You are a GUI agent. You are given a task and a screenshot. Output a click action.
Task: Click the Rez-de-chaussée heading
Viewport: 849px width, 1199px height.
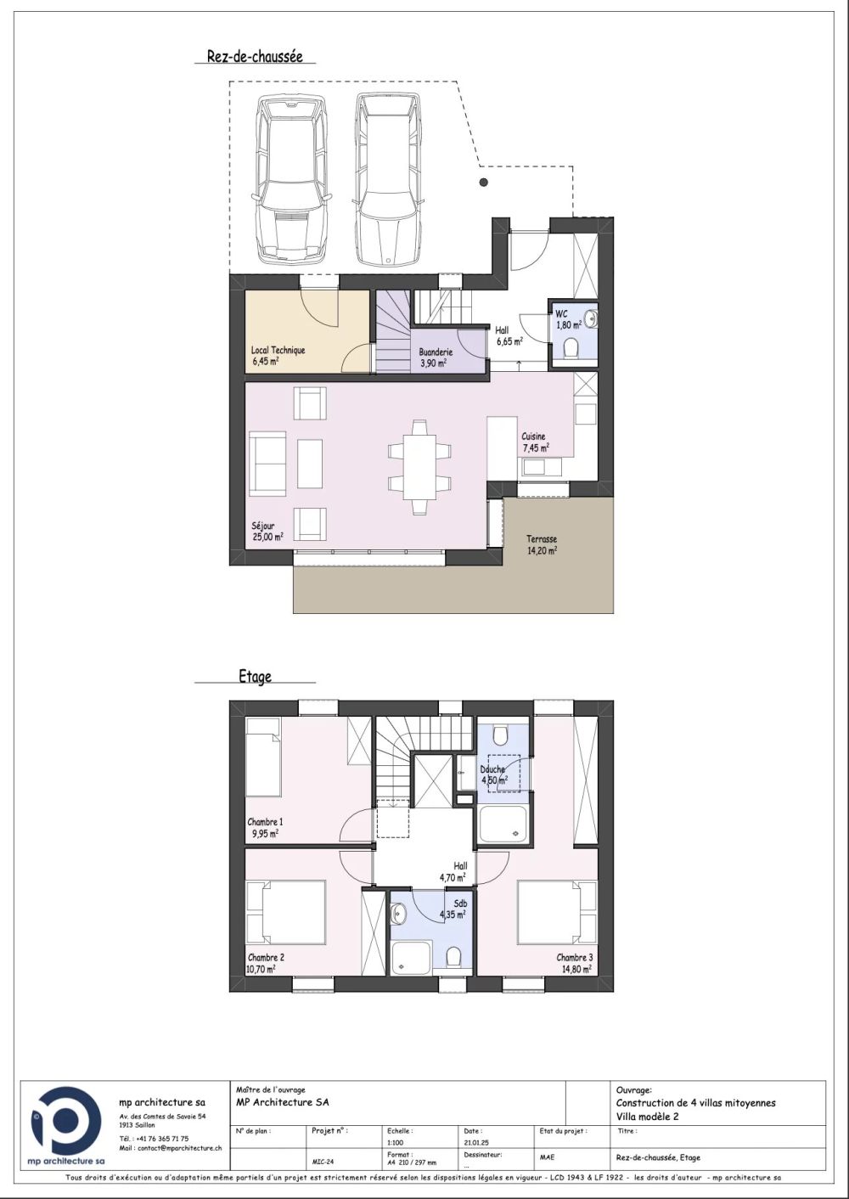255,57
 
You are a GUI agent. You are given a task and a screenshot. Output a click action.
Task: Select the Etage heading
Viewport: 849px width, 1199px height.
255,677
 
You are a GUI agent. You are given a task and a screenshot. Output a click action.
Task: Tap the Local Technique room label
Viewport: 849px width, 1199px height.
278,355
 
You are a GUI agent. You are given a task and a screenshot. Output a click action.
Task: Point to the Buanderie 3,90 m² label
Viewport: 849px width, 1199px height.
436,357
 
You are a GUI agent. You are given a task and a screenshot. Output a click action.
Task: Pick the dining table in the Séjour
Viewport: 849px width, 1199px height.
419,466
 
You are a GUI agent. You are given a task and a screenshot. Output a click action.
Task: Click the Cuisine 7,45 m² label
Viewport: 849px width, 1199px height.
535,442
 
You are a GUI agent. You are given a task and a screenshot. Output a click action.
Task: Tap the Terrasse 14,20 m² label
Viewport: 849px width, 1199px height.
541,544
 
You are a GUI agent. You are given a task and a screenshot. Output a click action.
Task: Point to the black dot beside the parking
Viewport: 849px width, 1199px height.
483,183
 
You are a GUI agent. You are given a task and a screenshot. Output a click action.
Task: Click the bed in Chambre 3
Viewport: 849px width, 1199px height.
558,912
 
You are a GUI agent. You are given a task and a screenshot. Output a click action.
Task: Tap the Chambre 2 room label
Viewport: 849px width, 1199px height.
265,962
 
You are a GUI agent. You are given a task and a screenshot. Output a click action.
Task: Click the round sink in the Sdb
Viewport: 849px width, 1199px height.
399,913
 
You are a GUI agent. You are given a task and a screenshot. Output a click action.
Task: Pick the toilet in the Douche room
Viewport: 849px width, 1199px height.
501,733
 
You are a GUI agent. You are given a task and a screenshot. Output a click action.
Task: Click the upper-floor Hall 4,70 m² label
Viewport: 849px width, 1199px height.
453,871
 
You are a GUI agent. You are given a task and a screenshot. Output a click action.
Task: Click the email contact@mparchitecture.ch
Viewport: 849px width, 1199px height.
171,1147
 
